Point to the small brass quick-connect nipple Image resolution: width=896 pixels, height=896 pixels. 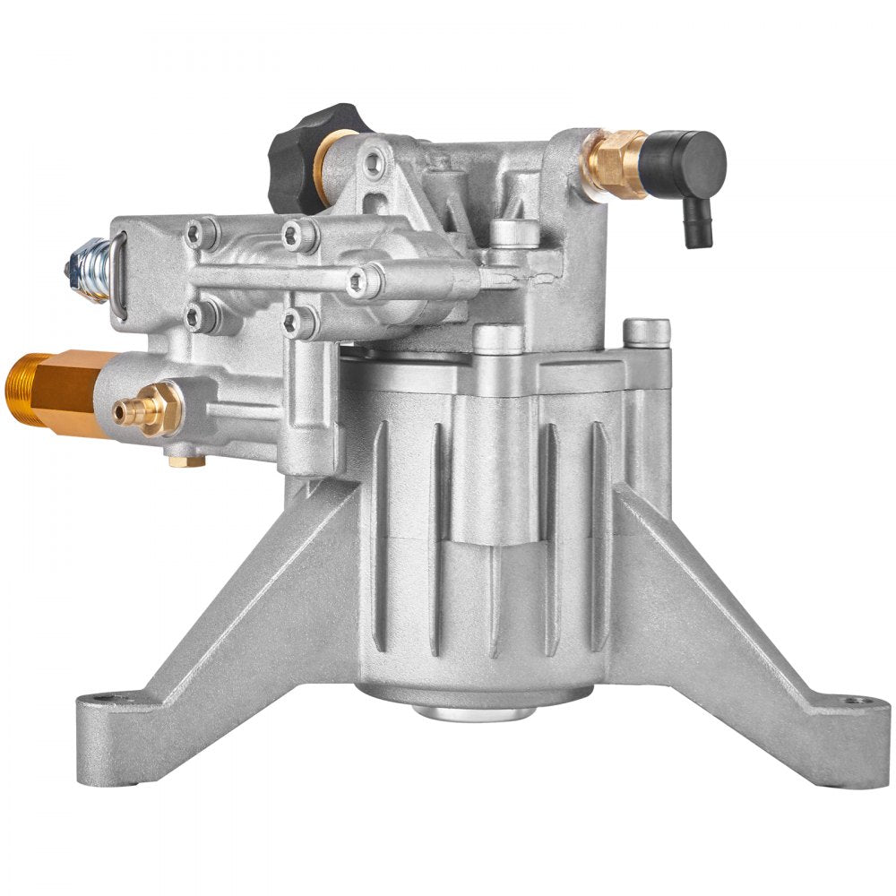click(143, 408)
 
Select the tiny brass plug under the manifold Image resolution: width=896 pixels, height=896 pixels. click(189, 461)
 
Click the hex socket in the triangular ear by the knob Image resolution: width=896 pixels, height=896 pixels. click(375, 162)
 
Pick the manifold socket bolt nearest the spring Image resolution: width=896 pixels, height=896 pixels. click(199, 235)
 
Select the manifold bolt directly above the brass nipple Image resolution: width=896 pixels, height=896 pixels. click(199, 314)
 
